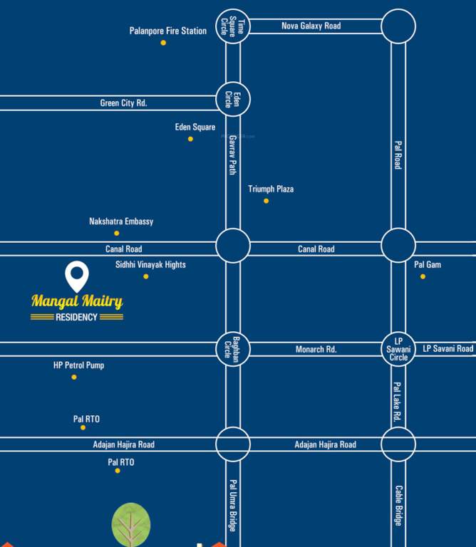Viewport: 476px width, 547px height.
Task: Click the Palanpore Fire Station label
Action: pos(168,31)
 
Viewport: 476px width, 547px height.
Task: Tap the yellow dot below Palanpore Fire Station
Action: pos(163,43)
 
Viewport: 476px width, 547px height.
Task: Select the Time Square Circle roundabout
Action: pos(233,26)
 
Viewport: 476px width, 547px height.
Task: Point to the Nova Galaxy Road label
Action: pos(311,26)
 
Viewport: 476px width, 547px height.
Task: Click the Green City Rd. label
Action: pos(123,103)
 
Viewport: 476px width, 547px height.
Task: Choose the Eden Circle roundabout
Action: pos(233,100)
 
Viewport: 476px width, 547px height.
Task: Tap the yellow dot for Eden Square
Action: pos(190,139)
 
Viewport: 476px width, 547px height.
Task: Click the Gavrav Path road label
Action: pos(232,155)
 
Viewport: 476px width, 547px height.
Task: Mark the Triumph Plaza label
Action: pos(271,189)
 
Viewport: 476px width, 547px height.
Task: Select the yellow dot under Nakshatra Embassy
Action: pos(117,233)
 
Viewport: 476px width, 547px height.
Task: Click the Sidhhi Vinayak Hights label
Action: pos(150,265)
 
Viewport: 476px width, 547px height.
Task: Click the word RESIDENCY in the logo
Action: pos(76,317)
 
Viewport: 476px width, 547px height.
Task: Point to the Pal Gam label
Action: pos(428,265)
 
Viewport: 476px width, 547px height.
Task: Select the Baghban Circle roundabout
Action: pos(233,349)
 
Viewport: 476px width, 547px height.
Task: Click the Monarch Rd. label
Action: pos(316,350)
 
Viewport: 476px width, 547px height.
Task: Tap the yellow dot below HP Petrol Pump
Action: pos(74,377)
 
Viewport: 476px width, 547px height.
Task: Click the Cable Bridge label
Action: pos(398,506)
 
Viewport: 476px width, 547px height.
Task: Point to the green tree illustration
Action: pos(131,523)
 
